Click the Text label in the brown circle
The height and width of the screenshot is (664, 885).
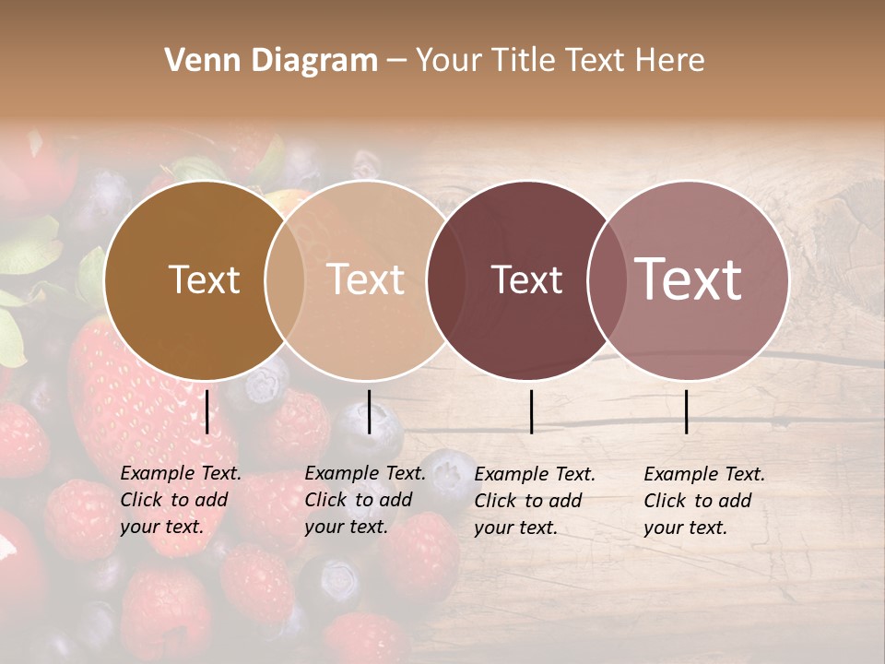pos(204,279)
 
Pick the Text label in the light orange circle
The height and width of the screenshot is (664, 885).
pos(366,279)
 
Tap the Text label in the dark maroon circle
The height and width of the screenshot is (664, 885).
pos(526,279)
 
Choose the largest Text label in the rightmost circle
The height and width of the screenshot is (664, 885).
pos(689,279)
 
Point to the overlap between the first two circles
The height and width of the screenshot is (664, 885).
pos(285,280)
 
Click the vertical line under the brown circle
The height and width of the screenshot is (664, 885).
pos(207,411)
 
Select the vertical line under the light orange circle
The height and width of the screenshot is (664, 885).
pos(369,411)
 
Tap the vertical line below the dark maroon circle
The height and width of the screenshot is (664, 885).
pos(531,411)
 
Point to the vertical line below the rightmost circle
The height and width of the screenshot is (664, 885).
pos(686,411)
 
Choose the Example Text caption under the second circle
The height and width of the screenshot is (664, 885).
pos(364,500)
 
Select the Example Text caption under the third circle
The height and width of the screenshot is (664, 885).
pos(534,501)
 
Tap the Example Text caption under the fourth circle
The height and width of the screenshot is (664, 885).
pos(703,501)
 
